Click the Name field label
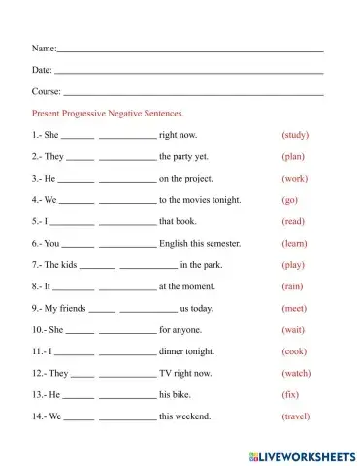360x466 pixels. (x=44, y=48)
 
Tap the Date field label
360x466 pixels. (x=42, y=70)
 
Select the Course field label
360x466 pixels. (x=47, y=92)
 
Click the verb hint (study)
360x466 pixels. (x=295, y=135)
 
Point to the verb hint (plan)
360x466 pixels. (x=293, y=156)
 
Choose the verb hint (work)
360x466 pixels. (x=294, y=179)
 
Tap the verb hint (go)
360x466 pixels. (x=289, y=200)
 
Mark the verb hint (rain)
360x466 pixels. (x=292, y=286)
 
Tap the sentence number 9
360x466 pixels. (x=36, y=308)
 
